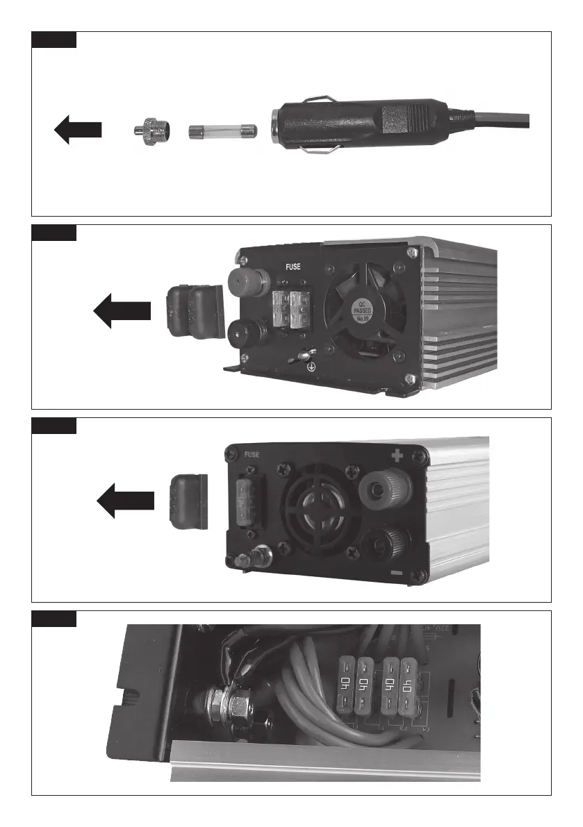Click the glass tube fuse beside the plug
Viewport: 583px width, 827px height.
pyautogui.click(x=223, y=131)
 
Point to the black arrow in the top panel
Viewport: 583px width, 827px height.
pyautogui.click(x=79, y=130)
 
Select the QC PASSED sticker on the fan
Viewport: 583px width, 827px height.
pyautogui.click(x=365, y=310)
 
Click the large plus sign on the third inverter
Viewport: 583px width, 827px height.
pyautogui.click(x=397, y=456)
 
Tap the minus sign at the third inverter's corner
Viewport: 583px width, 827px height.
pyautogui.click(x=395, y=574)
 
